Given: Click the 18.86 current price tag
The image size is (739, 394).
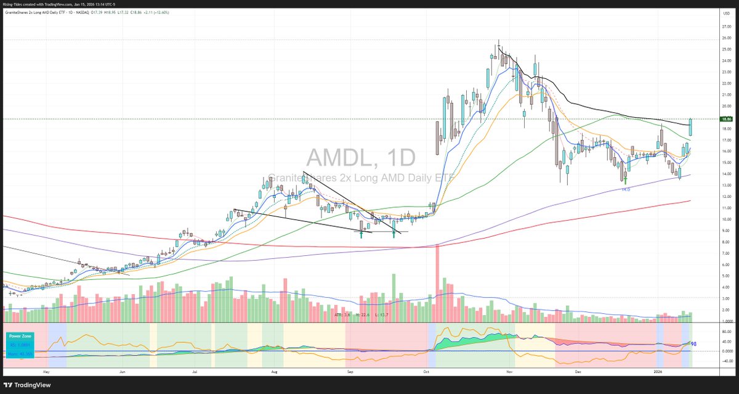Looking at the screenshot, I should pyautogui.click(x=709, y=118).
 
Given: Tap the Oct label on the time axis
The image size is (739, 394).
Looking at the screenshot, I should pyautogui.click(x=427, y=372).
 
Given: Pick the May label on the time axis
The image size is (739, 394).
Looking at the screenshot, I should pyautogui.click(x=46, y=372).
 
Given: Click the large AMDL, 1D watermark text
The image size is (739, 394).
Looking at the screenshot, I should pyautogui.click(x=361, y=158).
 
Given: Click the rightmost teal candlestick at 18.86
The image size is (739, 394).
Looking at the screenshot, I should pyautogui.click(x=690, y=127).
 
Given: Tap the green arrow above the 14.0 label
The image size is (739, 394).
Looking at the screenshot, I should pyautogui.click(x=625, y=181).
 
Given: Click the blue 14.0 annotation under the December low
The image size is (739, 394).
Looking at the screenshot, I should pyautogui.click(x=625, y=189).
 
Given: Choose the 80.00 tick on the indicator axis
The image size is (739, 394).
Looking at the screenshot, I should pyautogui.click(x=709, y=330).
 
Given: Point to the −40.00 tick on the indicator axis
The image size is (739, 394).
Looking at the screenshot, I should pyautogui.click(x=709, y=361).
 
